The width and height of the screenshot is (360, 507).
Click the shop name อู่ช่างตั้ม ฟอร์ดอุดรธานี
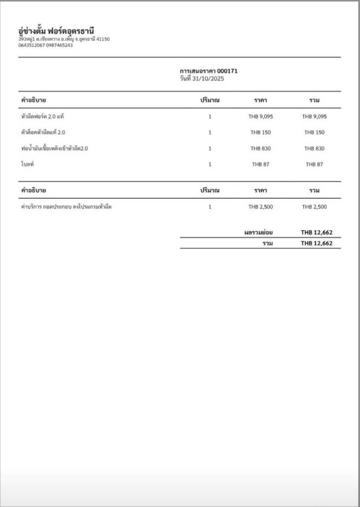pyautogui.click(x=56, y=30)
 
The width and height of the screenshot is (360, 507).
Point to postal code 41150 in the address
pyautogui.click(x=103, y=39)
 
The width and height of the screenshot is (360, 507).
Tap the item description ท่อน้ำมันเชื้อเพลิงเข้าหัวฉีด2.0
pyautogui.click(x=55, y=148)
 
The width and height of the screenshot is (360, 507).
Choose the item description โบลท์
pyautogui.click(x=28, y=164)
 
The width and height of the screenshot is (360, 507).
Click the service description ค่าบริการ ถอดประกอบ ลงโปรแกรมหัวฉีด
pyautogui.click(x=66, y=206)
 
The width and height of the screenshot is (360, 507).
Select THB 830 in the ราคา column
pyautogui.click(x=261, y=149)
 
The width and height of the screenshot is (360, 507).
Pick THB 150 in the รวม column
pyautogui.click(x=314, y=132)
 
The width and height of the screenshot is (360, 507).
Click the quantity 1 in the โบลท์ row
pyautogui.click(x=210, y=164)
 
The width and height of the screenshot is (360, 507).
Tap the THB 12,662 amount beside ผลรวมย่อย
pyautogui.click(x=316, y=232)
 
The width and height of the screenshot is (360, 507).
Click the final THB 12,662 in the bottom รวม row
pyautogui.click(x=316, y=243)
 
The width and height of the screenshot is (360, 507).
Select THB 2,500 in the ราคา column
pyautogui.click(x=261, y=207)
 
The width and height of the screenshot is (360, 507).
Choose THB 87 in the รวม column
pyautogui.click(x=314, y=164)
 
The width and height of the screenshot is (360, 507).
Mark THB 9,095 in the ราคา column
pyautogui.click(x=261, y=117)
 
